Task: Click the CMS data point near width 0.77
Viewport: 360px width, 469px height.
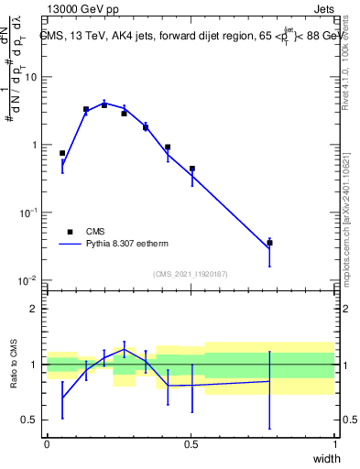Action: tap(269, 243)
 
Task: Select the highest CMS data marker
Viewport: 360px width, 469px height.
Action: tap(104, 104)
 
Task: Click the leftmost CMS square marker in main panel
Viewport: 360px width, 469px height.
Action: tap(62, 153)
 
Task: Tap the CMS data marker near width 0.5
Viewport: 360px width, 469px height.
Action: tap(191, 169)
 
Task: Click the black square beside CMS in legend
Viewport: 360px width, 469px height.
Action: tap(70, 232)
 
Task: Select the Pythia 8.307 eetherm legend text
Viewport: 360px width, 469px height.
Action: tap(133, 245)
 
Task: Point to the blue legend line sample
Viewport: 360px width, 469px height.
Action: tap(70, 245)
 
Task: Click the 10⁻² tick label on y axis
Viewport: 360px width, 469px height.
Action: tap(28, 280)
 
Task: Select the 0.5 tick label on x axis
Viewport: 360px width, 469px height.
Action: tap(191, 445)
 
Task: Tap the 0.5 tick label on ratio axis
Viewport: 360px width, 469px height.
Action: tap(30, 420)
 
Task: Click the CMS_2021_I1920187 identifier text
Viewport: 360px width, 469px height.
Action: tap(191, 273)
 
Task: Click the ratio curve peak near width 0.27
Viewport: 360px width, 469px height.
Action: tap(125, 349)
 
